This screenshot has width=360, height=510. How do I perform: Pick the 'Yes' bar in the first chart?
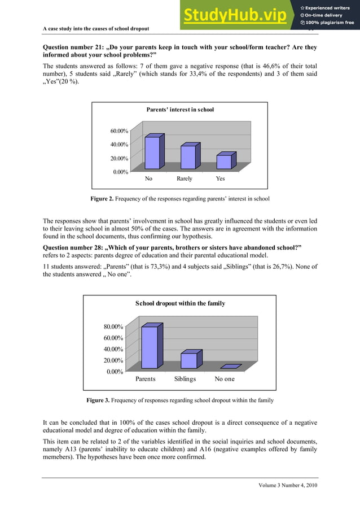(224, 162)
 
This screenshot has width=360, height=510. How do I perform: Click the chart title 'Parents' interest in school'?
(180, 109)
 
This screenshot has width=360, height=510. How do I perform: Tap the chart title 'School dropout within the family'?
(180, 303)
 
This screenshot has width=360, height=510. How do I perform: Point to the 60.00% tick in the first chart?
(118, 131)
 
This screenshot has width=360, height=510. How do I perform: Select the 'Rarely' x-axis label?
(185, 178)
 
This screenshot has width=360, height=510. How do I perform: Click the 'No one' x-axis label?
(225, 379)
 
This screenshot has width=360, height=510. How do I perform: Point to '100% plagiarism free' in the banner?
(330, 23)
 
